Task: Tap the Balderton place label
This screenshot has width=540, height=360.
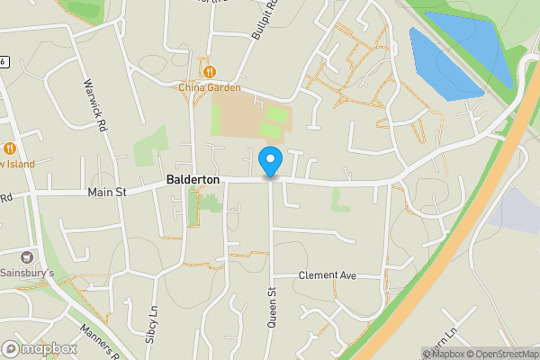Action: click(x=193, y=180)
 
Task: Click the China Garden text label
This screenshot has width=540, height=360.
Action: click(x=209, y=87)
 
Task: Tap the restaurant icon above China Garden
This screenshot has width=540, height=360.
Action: click(x=209, y=71)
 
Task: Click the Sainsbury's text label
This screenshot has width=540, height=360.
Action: click(x=27, y=272)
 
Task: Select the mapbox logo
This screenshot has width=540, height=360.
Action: click(x=39, y=348)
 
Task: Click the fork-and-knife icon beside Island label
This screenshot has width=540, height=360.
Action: click(x=9, y=148)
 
